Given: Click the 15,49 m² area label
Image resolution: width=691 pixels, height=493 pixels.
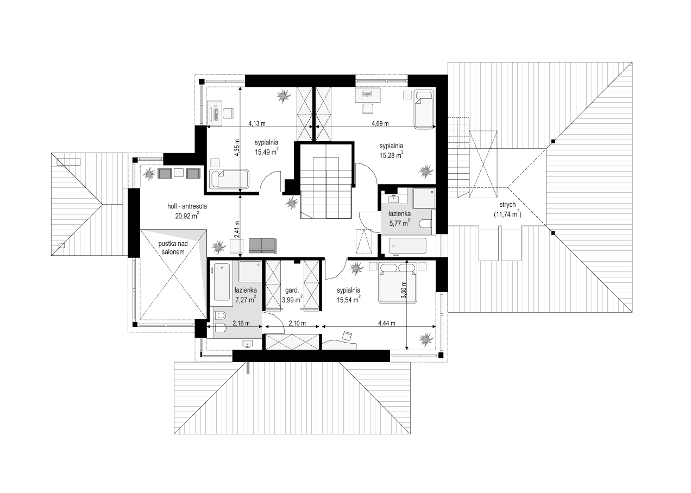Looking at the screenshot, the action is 267,151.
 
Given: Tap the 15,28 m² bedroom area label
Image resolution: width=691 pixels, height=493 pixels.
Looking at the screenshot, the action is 391,155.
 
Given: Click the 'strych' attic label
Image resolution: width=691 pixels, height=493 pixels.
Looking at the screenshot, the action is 507,205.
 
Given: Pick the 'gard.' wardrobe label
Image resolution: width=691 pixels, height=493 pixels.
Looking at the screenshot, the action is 292,290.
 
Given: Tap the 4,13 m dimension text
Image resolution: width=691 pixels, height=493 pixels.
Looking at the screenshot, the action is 257,124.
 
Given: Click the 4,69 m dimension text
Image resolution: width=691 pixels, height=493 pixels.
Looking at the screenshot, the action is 380,124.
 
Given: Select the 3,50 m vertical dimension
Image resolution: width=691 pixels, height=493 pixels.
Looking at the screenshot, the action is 403,290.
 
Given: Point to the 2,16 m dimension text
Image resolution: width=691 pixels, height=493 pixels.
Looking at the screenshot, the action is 241,324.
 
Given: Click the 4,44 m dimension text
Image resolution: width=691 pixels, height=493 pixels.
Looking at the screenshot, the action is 387,324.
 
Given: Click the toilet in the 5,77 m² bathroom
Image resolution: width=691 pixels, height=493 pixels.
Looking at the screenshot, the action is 426,224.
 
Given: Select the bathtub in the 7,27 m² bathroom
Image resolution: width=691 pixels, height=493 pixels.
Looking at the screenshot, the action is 222,282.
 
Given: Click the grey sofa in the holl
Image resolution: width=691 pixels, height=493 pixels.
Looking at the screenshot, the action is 262,246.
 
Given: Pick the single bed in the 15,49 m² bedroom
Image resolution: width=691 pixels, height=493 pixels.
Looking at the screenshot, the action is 229,179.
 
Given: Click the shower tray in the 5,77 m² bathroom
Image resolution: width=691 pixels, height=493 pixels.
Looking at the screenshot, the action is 424,199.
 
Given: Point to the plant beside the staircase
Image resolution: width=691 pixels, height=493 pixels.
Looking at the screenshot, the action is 292,203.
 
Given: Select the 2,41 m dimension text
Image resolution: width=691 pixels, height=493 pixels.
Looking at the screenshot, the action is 237,229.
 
